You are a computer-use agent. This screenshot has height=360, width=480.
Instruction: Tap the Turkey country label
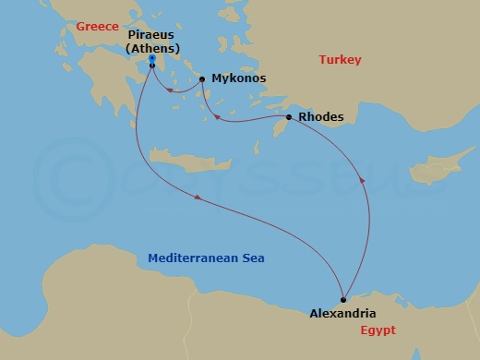[x=340, y=60]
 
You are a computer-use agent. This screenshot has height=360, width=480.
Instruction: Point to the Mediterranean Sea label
[x=206, y=258]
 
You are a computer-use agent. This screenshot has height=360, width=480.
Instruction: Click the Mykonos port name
[x=238, y=79]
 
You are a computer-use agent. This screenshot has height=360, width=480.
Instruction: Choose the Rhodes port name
[x=321, y=117]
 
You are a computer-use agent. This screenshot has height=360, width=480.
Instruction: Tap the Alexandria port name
[x=343, y=313]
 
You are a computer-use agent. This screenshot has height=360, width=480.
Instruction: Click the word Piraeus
[x=150, y=35]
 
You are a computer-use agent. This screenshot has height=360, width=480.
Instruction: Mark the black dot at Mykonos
[x=202, y=79]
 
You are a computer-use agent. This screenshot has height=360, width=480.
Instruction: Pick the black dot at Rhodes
[x=289, y=117]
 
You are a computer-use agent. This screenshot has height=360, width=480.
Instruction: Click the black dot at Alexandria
[x=343, y=298]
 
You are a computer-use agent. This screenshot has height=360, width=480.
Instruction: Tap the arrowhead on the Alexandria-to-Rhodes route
[x=361, y=182]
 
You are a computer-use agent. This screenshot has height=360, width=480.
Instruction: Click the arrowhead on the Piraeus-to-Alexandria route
[x=197, y=199]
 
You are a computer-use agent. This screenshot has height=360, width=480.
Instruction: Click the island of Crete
[x=184, y=167]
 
